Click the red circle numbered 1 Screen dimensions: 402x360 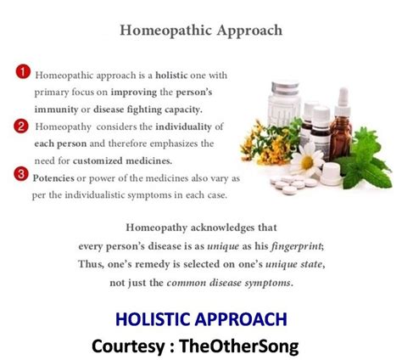tap(23, 72)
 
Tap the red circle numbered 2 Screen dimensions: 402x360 tap(21, 127)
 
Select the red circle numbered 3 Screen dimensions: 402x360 tap(21, 174)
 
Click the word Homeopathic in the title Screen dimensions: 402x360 tap(166, 31)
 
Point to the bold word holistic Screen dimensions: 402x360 tap(171, 76)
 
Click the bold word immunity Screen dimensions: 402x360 tap(56, 110)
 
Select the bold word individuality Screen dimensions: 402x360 tap(183, 127)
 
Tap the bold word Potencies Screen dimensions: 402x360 tap(53, 178)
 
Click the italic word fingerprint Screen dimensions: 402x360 tap(297, 246)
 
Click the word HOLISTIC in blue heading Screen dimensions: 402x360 tap(154, 319)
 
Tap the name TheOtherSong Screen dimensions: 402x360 tap(239, 346)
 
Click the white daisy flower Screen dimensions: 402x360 tap(307, 160)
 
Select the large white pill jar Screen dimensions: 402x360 tap(284, 104)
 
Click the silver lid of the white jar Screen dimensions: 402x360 tap(285, 87)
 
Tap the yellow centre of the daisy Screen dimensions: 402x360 tap(307, 162)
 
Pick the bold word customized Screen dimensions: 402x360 tap(98, 161)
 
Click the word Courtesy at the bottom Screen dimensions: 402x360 tap(128, 346)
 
